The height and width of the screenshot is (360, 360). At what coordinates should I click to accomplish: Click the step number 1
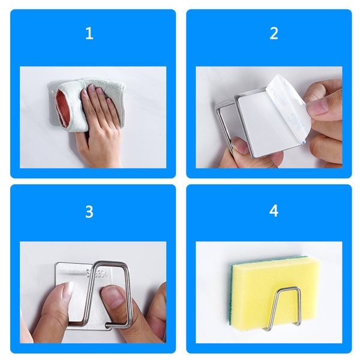[89, 34]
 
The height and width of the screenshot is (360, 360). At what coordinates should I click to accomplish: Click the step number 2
[274, 34]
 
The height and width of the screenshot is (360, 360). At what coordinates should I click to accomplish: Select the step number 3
[89, 212]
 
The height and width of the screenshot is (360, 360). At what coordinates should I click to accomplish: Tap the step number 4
[274, 212]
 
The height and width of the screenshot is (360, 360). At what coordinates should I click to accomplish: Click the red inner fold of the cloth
[64, 102]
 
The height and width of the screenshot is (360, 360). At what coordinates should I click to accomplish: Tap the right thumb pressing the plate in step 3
[114, 297]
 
